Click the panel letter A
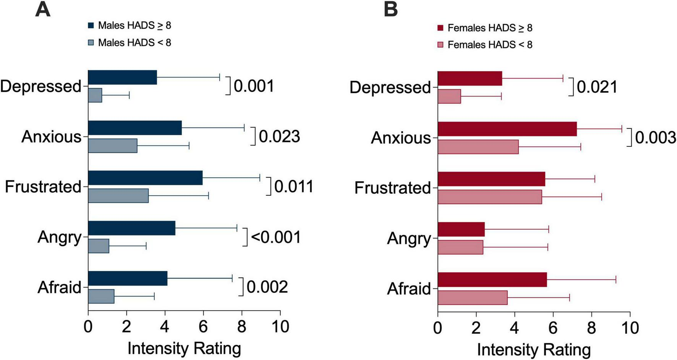tap(42, 10)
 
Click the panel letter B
tap(390, 10)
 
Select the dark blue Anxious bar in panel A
tap(135, 128)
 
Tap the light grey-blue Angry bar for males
tap(99, 246)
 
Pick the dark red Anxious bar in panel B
tap(507, 129)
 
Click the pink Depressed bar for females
tap(449, 96)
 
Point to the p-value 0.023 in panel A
tap(279, 136)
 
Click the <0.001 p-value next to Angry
tap(276, 237)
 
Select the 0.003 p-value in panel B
tap(656, 138)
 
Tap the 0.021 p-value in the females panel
tap(597, 87)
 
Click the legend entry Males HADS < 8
tap(134, 42)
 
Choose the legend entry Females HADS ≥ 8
tap(489, 28)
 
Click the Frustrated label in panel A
tap(43, 187)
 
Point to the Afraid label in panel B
tap(409, 289)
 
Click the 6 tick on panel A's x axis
tap(203, 327)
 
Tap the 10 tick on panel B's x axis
tap(630, 328)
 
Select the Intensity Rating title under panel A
tap(184, 348)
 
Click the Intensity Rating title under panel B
tap(534, 349)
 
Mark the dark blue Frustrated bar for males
tap(145, 178)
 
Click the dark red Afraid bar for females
tap(492, 280)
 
